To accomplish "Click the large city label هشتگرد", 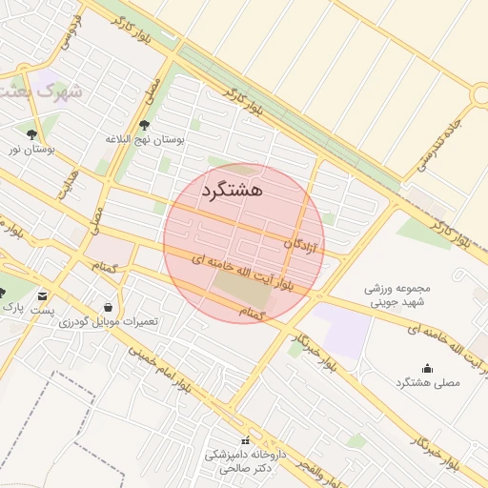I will (x=232, y=190).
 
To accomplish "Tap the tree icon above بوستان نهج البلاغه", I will (x=145, y=124).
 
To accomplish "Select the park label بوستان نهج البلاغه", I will (x=145, y=139).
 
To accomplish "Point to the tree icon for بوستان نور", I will (x=32, y=134).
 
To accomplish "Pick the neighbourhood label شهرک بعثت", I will (x=38, y=92).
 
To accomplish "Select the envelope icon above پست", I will (x=42, y=296).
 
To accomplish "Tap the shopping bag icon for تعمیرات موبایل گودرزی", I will (x=108, y=307).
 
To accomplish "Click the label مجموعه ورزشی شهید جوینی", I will (x=398, y=294).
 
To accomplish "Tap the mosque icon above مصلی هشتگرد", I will (x=426, y=368).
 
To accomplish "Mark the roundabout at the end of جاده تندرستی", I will (x=480, y=96).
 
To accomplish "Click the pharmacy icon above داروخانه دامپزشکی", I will (x=246, y=440).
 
